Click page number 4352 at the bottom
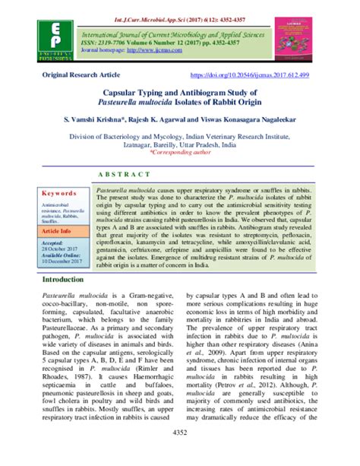[x=180, y=454]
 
